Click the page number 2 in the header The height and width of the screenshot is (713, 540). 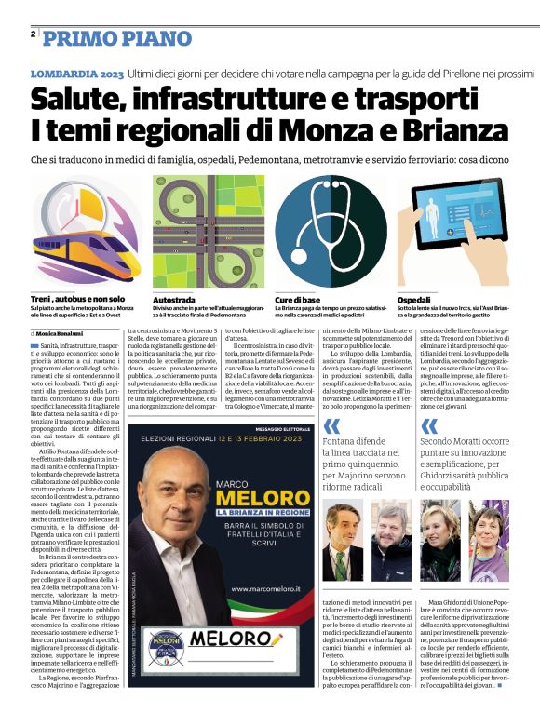click(33, 34)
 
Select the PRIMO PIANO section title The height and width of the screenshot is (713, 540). click(107, 37)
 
